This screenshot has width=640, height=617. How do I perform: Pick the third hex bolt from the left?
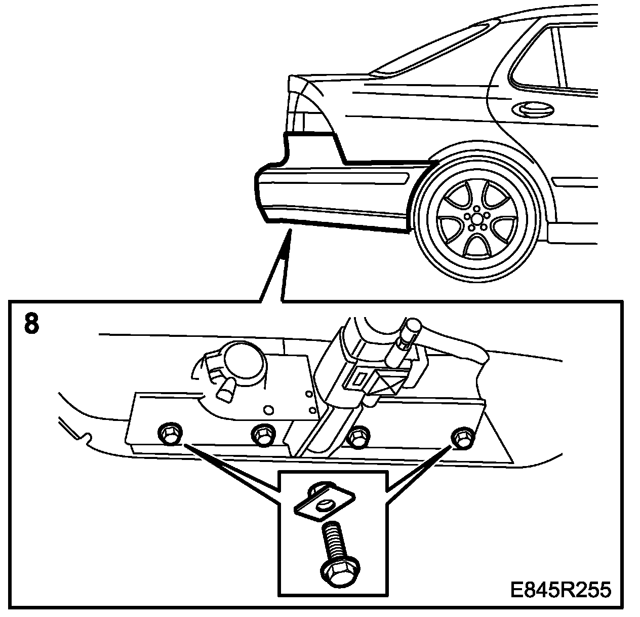[358, 435]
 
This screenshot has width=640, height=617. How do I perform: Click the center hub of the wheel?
[476, 218]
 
